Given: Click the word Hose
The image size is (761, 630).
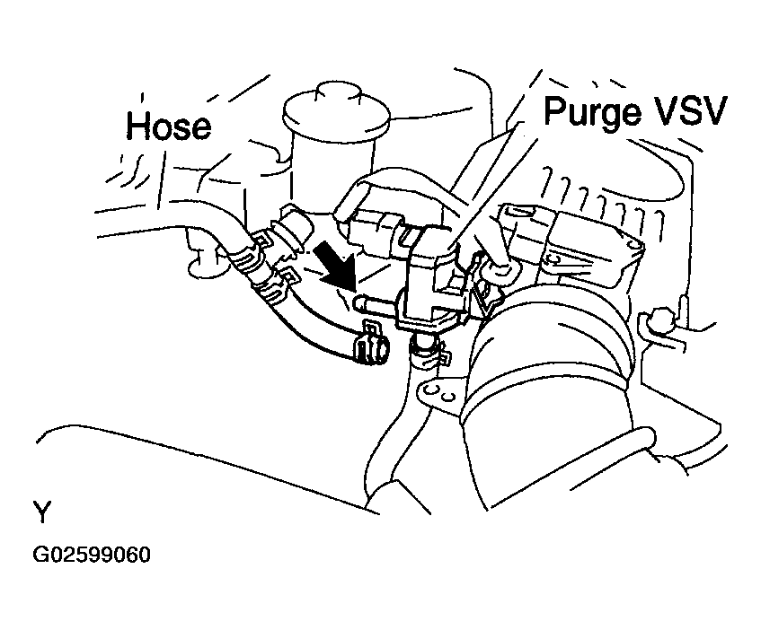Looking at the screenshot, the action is (x=168, y=126).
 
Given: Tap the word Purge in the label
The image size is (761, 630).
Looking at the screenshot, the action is (x=592, y=112).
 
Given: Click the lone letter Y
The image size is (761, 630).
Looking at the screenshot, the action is (x=42, y=512).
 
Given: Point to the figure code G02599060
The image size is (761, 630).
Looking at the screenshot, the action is (x=92, y=555).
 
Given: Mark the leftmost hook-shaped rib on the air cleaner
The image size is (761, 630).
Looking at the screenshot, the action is (x=549, y=180).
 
